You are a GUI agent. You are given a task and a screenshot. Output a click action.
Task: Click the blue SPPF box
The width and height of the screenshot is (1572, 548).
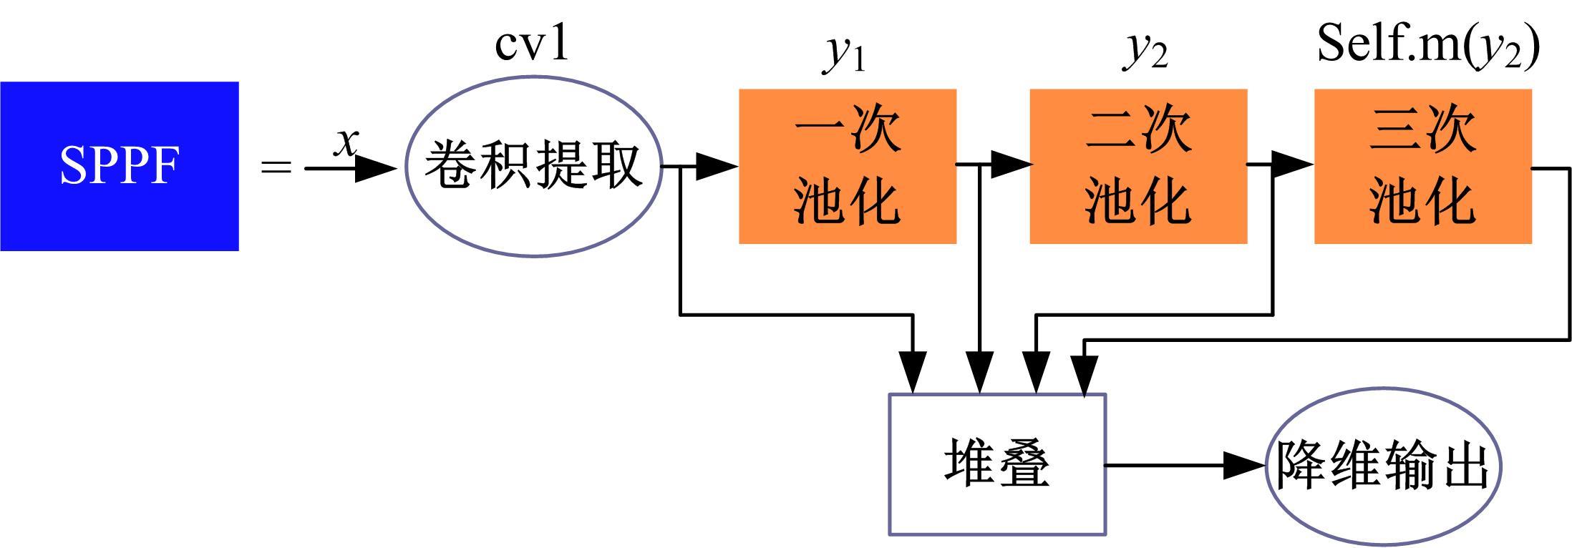click(x=119, y=166)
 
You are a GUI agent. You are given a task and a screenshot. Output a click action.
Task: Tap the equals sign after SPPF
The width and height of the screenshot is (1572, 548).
click(x=276, y=168)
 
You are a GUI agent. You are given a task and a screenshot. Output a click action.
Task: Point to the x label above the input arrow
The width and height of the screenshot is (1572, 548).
click(x=346, y=142)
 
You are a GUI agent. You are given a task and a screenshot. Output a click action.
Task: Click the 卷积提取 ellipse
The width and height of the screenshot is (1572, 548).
click(x=533, y=166)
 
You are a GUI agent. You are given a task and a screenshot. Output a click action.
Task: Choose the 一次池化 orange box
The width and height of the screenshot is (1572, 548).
click(x=848, y=166)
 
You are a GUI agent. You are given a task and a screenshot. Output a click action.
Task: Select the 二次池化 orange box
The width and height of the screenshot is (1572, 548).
click(x=1138, y=166)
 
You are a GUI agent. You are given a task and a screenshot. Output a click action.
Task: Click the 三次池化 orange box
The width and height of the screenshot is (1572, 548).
click(x=1422, y=166)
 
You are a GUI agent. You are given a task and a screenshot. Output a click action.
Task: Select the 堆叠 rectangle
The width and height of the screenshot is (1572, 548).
click(x=997, y=464)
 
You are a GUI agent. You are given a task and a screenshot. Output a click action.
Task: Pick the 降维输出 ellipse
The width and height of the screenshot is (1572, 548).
click(x=1383, y=465)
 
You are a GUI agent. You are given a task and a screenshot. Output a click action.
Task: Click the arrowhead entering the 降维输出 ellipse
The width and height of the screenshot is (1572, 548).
click(x=1246, y=466)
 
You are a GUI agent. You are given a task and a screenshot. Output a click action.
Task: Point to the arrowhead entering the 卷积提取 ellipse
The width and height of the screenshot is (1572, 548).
click(x=375, y=169)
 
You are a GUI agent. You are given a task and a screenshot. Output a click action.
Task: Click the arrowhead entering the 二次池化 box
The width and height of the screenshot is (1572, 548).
click(x=1010, y=165)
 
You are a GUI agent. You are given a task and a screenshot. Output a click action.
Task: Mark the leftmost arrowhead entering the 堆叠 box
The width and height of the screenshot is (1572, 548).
click(x=913, y=372)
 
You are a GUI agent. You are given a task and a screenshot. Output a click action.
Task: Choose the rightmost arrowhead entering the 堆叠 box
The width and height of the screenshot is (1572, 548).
click(x=1085, y=373)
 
